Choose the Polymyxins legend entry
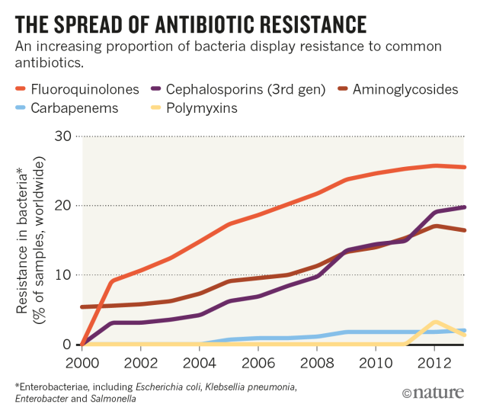click(206, 107)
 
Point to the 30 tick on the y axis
click(62, 136)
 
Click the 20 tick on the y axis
click(62, 206)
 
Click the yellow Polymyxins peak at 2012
click(434, 322)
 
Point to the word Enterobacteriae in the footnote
click(50, 387)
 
